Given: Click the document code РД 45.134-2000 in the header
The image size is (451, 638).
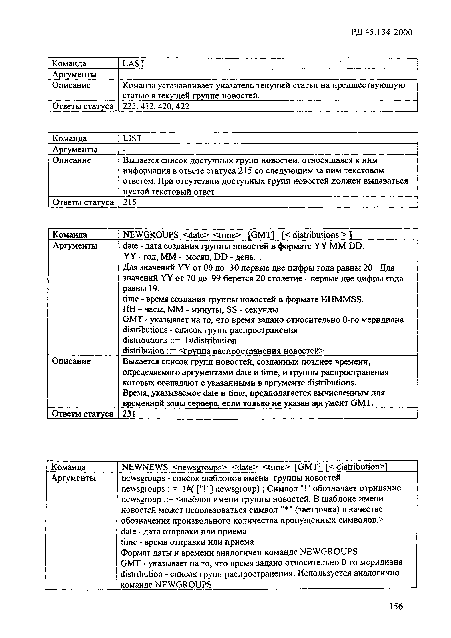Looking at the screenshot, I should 382,33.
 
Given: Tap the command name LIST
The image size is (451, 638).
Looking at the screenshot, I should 132,138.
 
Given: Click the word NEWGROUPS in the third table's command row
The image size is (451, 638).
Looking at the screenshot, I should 151,235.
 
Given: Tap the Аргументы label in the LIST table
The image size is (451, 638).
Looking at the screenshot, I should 75,150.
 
